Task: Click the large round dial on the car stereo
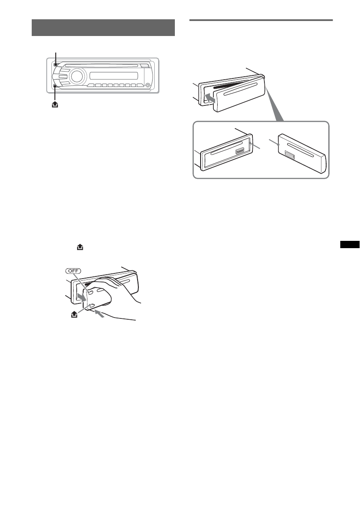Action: (77, 77)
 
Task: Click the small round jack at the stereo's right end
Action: (147, 85)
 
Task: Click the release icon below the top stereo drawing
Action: (53, 104)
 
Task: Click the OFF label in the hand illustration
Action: (75, 270)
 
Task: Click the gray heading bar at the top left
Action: (103, 28)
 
